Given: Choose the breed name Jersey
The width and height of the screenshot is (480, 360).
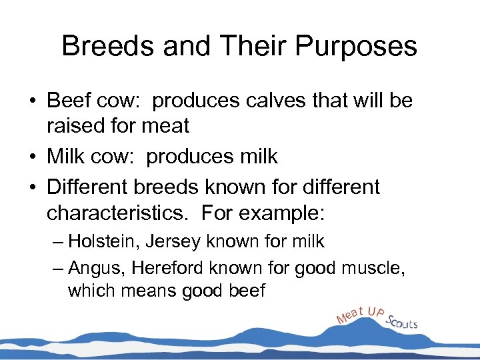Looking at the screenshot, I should (x=161, y=241).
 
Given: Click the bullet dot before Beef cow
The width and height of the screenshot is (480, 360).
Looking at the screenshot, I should (x=31, y=102).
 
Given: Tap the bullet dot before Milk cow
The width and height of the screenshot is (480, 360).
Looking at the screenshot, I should (x=31, y=157).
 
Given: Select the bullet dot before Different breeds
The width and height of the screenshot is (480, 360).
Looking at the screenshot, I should (x=31, y=188).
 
